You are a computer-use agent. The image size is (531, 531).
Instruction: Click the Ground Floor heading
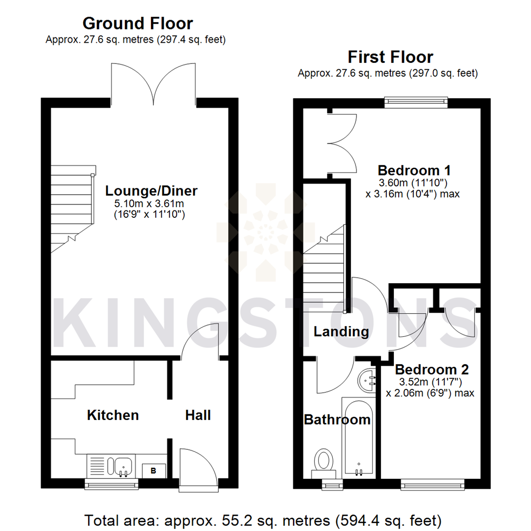(137, 23)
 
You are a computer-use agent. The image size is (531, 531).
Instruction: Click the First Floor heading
(390, 57)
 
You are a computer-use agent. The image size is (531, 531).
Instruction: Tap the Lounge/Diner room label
(145, 190)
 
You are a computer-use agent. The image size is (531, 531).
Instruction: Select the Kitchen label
(113, 415)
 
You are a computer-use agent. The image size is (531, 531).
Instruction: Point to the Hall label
(198, 415)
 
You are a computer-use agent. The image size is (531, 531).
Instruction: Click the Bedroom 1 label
(414, 171)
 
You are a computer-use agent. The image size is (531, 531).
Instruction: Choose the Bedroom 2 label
(432, 369)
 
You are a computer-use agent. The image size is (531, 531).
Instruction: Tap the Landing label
(341, 331)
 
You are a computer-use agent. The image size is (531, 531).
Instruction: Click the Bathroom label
(337, 420)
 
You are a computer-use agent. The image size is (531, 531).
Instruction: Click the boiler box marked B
(153, 471)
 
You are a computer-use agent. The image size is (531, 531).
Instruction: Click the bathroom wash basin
(368, 380)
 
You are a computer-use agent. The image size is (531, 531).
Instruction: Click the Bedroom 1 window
(416, 102)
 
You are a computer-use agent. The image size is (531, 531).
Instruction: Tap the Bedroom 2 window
(432, 485)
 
